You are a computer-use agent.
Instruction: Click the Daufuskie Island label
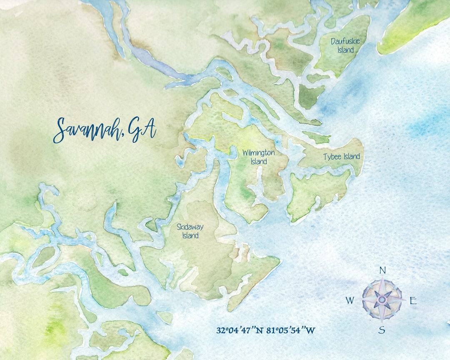coord(345,46)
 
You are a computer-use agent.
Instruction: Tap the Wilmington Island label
coord(259,157)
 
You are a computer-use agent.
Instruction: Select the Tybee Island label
coord(342,157)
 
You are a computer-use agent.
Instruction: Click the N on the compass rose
coord(382,271)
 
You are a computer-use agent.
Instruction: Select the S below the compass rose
coord(382,330)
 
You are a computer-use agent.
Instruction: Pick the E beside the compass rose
coord(413,301)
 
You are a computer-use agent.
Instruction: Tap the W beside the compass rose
coord(350,300)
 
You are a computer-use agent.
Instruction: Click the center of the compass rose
coord(382,299)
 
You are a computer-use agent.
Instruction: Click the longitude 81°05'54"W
coord(294,330)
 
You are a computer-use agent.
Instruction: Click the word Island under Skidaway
coord(190,236)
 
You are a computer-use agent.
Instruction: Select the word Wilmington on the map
coord(259,153)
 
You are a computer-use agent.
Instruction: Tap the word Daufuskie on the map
coord(345,41)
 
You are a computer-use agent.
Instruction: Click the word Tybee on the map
coord(332,157)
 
